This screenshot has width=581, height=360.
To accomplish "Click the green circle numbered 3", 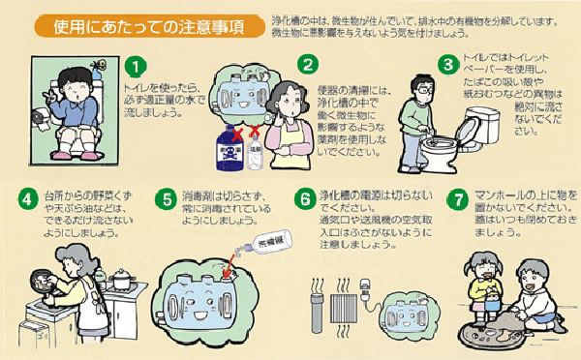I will (446, 67).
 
